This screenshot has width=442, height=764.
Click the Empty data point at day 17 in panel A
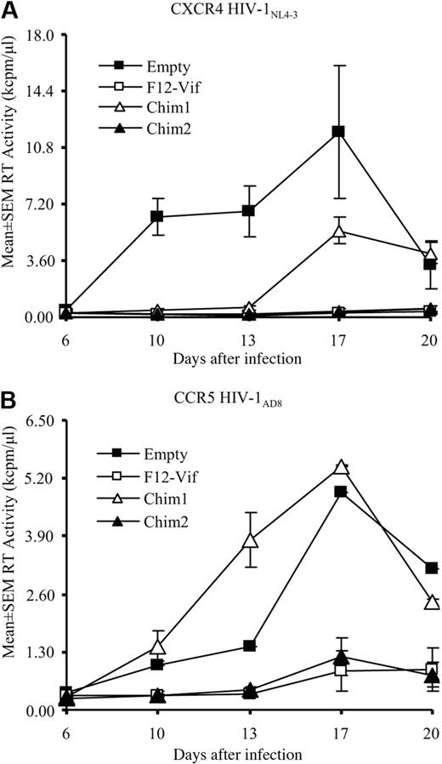click(338, 132)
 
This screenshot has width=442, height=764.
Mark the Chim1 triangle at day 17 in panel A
click(338, 231)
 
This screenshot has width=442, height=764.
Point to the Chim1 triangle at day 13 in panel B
click(250, 540)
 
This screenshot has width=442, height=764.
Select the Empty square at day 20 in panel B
click(431, 567)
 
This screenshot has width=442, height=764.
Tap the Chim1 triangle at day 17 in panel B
click(342, 467)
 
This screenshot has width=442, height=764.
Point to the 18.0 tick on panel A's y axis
click(39, 35)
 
